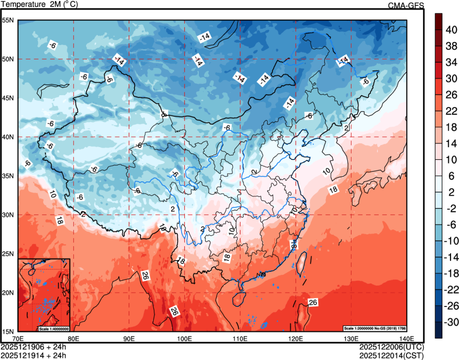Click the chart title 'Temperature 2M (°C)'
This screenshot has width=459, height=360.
[x=40, y=4]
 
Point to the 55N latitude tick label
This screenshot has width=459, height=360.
[x=8, y=20]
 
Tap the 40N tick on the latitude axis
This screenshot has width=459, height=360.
[x=8, y=137]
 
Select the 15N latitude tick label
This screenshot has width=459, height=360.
[x=8, y=331]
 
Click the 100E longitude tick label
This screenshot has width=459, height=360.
[x=184, y=338]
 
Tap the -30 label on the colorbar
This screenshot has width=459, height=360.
[x=451, y=323]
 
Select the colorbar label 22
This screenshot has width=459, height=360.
[x=451, y=111]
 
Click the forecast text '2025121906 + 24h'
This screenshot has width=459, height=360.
[x=34, y=347]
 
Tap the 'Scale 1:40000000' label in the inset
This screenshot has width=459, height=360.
[x=53, y=328]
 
